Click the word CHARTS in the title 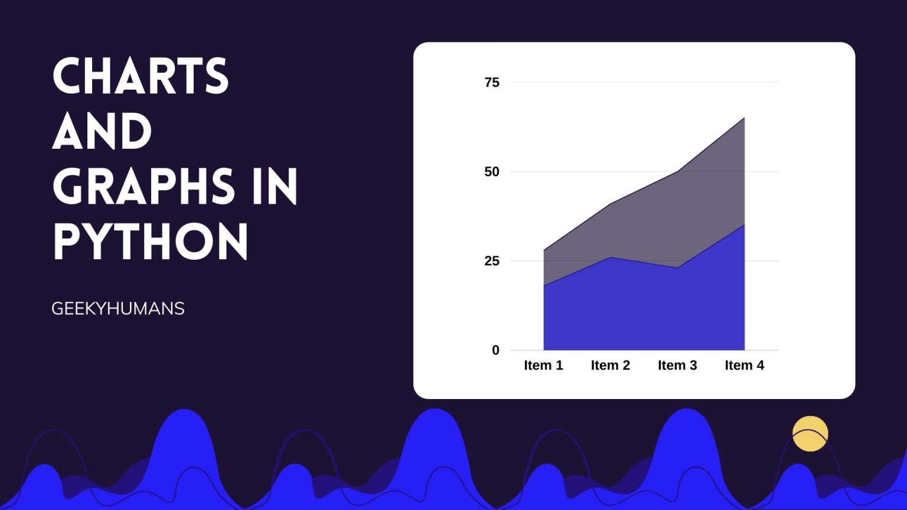pos(141,76)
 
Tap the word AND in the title pos(102,131)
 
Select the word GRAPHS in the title pos(143,186)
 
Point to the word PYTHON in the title pos(150,241)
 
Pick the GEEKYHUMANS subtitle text pos(118,309)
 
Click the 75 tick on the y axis pos(492,83)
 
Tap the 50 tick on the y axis pos(492,172)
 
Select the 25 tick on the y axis pos(492,261)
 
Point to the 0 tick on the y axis pos(495,350)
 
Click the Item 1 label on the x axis pos(543,365)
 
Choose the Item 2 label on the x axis pos(611,365)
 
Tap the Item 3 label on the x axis pos(677,365)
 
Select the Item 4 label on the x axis pos(744,365)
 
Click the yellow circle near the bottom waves pos(810,433)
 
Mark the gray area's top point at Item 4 pos(744,118)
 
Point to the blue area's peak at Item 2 pos(611,257)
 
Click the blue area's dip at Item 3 pos(677,267)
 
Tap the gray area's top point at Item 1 pos(544,250)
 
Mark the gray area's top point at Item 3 pos(677,172)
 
